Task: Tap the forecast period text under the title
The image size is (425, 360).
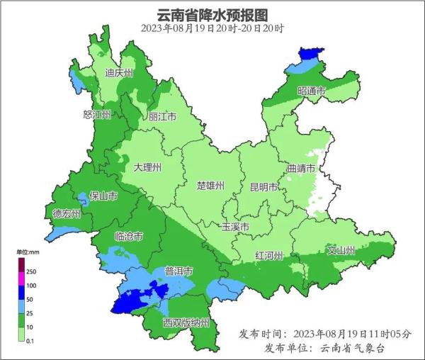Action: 212,28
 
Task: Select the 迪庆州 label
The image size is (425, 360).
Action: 119,73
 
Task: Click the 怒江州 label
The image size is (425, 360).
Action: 97,115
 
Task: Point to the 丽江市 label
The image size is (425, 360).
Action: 162,117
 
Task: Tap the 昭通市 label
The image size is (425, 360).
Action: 312,91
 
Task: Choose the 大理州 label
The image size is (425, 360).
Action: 147,168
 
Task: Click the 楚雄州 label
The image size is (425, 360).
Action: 210,186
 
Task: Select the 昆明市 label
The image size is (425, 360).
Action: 264,187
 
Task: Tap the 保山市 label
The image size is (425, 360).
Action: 103,196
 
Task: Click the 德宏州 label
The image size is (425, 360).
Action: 67,213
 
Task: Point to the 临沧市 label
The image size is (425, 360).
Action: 129,236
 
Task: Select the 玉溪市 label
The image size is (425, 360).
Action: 235,227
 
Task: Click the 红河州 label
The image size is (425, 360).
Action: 269,255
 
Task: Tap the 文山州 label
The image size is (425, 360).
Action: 341,250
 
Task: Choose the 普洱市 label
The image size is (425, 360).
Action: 179,271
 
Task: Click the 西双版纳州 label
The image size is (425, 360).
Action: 186,323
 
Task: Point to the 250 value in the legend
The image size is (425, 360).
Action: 31,271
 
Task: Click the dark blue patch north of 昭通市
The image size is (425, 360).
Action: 308,53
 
